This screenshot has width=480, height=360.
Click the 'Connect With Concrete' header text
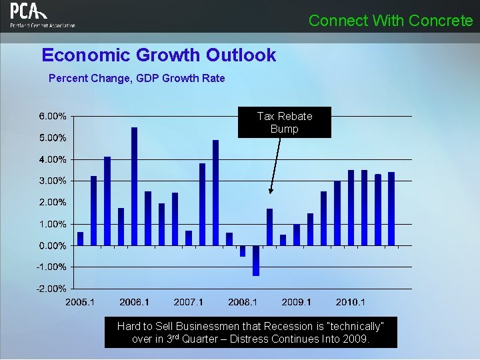pos(391,21)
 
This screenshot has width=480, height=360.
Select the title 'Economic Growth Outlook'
pos(159,55)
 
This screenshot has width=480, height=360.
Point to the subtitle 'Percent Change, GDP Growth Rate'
pos(137,78)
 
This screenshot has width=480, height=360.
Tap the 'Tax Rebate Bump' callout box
pos(284,123)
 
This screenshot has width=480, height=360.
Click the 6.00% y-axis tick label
pos(52,116)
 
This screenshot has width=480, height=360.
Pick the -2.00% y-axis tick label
pos(52,289)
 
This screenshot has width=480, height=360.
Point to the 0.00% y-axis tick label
pos(52,245)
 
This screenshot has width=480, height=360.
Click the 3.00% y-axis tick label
pos(52,181)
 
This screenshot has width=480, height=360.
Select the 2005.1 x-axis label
pos(80,302)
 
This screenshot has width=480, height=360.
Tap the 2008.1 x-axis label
pos(243,302)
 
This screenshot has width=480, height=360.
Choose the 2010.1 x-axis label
pos(351,302)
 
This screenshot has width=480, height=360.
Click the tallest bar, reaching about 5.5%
pos(135,186)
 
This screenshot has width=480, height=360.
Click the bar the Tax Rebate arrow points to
pos(269,227)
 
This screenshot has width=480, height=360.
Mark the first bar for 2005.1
pos(81,239)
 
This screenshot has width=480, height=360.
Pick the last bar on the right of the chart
pos(391,209)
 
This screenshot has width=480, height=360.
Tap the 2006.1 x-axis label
pos(135,302)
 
